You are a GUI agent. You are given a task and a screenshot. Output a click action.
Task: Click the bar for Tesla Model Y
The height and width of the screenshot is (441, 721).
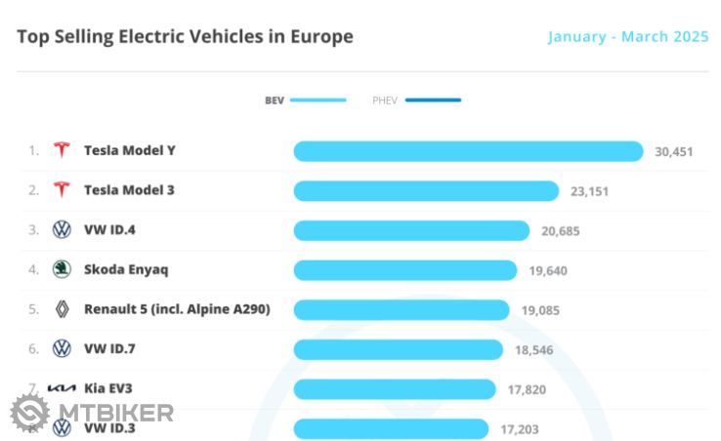pos(468,151)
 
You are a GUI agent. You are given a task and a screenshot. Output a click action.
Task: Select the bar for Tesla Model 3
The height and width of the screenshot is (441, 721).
pos(426,191)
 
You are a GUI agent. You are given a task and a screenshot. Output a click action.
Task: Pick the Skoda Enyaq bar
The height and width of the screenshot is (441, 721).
pos(404,270)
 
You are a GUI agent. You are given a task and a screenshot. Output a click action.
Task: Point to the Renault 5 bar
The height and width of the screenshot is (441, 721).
pos(402,310)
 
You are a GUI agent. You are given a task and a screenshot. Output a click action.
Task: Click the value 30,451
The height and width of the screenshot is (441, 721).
pos(674,151)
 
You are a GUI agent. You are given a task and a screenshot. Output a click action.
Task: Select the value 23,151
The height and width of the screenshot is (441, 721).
pos(589,191)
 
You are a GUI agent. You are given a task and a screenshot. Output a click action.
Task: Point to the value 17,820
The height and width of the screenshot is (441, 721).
pos(527,389)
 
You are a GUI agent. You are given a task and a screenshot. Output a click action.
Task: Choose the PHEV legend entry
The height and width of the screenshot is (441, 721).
pos(416,100)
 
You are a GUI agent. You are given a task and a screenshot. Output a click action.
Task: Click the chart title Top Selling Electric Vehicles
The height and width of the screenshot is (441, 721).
pos(185,37)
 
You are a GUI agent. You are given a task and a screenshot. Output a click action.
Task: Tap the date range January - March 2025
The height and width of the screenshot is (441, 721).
pos(627,37)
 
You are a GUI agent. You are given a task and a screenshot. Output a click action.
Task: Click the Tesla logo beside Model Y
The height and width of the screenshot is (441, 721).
pos(62,150)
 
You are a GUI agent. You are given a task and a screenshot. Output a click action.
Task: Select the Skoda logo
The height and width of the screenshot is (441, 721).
pos(62,269)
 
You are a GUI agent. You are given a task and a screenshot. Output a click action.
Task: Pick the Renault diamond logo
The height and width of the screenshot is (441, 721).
pos(62,309)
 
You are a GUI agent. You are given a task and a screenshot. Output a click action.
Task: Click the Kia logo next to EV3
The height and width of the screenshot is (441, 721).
pos(62,388)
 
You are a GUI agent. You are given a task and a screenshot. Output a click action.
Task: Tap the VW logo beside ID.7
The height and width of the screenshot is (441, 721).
pos(62,348)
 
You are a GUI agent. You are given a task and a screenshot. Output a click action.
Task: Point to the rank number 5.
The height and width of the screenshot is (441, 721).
pos(33,309)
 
